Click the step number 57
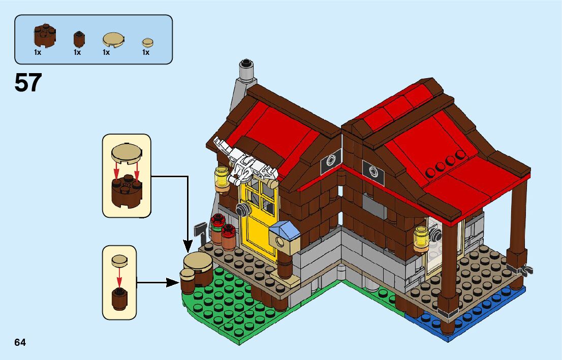coord(28,83)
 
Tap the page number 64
coord(20,342)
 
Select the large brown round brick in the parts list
coord(45,35)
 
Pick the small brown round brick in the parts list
coord(79,39)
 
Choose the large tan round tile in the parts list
coord(112,40)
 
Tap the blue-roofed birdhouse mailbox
coord(284,237)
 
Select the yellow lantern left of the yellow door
coord(222,179)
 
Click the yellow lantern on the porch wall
coord(421,238)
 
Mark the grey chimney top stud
coord(246,64)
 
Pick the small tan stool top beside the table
coord(187,273)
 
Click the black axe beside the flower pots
coord(200,231)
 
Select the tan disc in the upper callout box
coord(127,151)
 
